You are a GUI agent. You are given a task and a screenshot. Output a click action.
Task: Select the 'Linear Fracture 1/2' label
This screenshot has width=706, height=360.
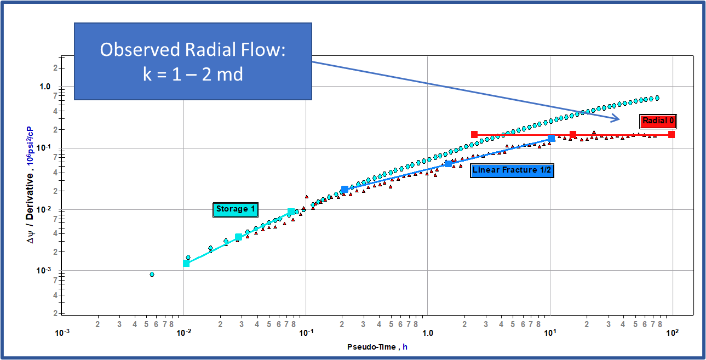(512, 170)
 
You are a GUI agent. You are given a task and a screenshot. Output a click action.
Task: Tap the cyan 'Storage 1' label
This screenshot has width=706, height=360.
(236, 209)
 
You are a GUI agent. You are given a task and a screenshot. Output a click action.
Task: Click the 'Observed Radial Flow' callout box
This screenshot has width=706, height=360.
(193, 61)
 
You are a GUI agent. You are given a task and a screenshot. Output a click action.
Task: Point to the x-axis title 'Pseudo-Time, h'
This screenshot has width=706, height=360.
(377, 347)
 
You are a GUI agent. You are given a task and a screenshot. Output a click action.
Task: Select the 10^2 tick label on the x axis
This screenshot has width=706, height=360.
(672, 333)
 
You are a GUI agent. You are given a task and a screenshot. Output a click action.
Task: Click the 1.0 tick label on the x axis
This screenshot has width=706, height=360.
(428, 333)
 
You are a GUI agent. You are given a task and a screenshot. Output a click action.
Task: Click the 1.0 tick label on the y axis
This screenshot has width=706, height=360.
(45, 87)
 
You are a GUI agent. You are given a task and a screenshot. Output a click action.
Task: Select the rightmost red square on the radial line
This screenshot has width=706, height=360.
(671, 134)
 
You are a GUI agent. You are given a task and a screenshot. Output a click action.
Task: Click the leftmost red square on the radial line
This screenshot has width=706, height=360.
(474, 134)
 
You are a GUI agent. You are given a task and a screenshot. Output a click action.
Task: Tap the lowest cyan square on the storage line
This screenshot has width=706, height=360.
(186, 264)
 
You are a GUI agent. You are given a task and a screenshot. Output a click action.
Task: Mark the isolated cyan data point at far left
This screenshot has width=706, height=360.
(152, 274)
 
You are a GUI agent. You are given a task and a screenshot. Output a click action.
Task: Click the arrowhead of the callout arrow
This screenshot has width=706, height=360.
(618, 119)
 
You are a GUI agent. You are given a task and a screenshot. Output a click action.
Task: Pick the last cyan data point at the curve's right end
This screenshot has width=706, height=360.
(657, 98)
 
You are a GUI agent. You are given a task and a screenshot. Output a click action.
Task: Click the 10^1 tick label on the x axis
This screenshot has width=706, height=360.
(550, 333)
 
